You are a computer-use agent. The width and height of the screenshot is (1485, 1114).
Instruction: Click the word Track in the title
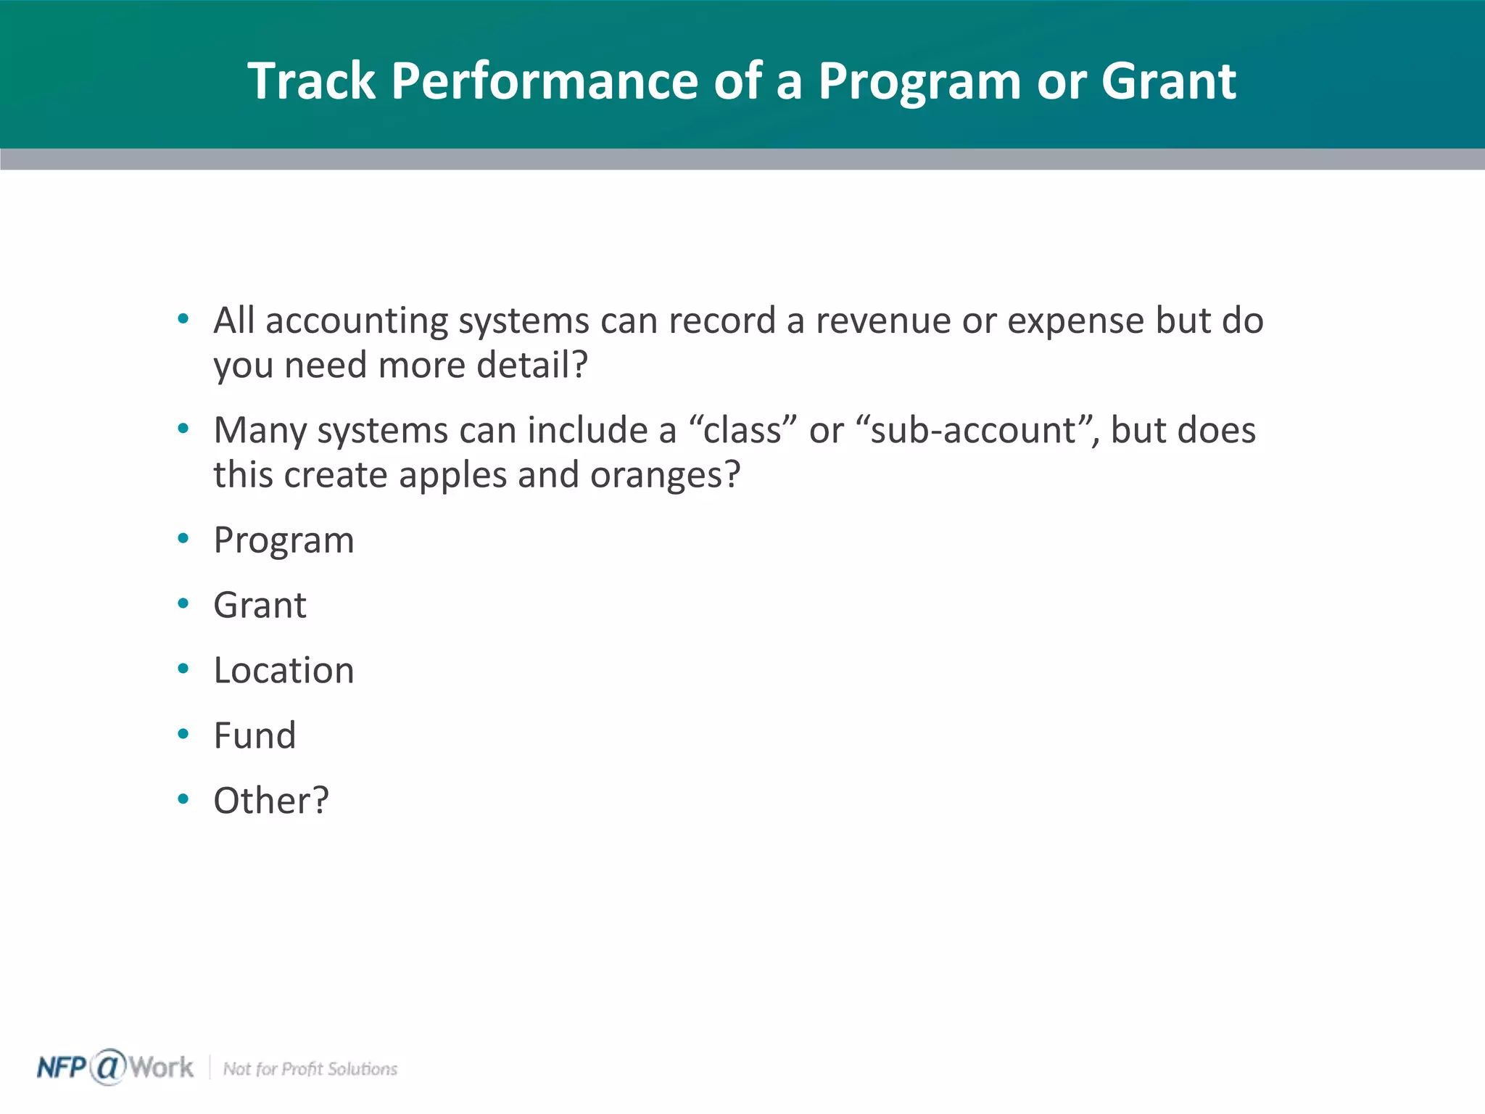coord(311,81)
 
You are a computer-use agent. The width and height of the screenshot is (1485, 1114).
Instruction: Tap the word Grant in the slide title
coord(1168,81)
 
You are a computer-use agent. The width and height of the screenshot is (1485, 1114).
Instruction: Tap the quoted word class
coord(742,430)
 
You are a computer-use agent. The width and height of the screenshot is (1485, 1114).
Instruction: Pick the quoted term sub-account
coord(972,430)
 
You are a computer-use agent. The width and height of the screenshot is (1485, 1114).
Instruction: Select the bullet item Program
coord(284,541)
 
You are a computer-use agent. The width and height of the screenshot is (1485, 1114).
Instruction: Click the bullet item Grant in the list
coord(260,605)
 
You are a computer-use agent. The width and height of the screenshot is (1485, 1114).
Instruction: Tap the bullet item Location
coord(284,670)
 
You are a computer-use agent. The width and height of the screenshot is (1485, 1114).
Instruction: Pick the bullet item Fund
coord(255,735)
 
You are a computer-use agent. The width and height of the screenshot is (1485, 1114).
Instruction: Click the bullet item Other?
coord(271,801)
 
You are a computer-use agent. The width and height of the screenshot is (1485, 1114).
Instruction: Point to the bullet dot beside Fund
coord(183,734)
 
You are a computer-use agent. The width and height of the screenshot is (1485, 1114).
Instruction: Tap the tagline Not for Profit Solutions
coord(310,1069)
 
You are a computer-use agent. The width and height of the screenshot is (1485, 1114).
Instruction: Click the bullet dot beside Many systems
coord(183,429)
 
